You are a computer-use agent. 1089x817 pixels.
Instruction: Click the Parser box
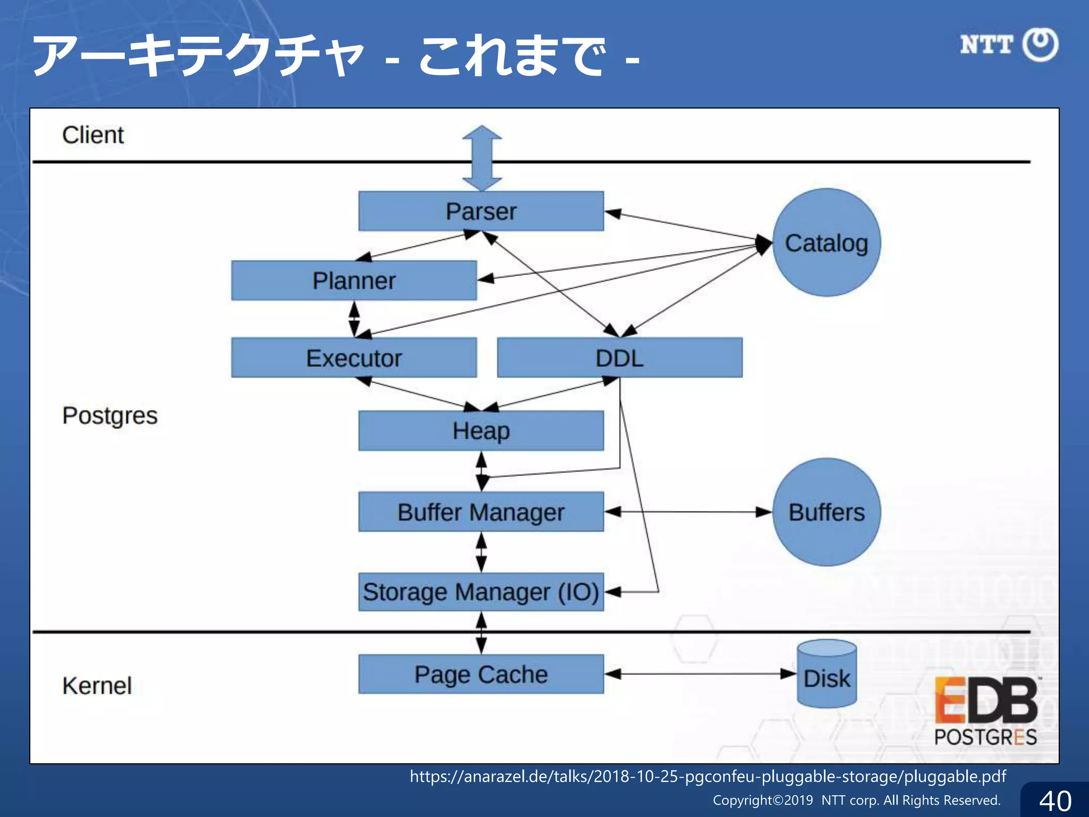pos(481,211)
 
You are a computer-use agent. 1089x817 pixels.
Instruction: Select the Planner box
pos(354,280)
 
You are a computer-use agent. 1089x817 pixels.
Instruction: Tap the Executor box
pos(354,357)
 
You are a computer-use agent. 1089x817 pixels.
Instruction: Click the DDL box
pos(619,357)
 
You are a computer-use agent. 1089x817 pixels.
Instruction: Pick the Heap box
pos(481,430)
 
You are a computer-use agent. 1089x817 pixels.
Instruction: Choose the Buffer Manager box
pos(481,512)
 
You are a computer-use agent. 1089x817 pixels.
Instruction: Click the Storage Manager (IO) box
pos(481,591)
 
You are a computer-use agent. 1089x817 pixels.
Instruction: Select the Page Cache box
pos(481,674)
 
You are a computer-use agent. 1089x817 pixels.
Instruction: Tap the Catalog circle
pos(826,243)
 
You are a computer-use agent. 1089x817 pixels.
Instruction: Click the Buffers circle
pos(826,512)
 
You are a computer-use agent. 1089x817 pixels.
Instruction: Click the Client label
pos(93,135)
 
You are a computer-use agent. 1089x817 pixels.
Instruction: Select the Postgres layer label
pos(110,415)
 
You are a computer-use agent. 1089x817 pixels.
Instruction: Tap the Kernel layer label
pos(97,686)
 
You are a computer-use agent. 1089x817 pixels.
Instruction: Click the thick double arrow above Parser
pos(482,158)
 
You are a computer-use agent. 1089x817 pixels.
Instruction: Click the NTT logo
pos(1009,45)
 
